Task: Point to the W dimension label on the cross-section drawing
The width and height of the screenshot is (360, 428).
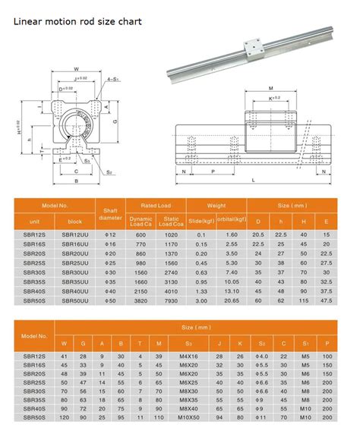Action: tap(76, 69)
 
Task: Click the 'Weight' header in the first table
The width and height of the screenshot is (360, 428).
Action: tap(217, 205)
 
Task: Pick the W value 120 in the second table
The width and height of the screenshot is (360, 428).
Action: tap(65, 417)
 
